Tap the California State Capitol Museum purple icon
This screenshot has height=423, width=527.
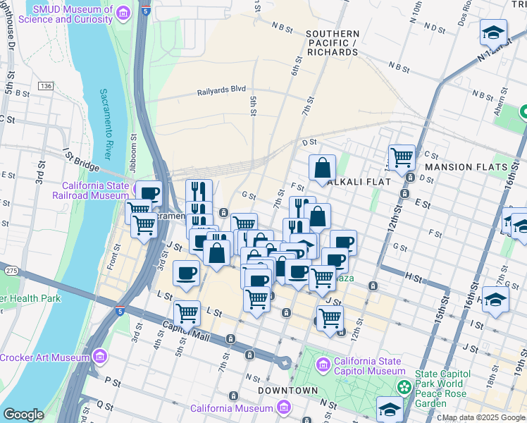(324, 365)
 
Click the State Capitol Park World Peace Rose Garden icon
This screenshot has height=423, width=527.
(404, 386)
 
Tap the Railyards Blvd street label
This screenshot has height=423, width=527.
(221, 90)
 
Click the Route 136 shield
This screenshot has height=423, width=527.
(46, 86)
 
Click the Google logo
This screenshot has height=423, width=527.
(24, 414)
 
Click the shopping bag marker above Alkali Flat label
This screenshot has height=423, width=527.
(321, 168)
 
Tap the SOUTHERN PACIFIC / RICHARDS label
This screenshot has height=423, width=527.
(333, 43)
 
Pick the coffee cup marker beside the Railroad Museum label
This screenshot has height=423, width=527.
(149, 193)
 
